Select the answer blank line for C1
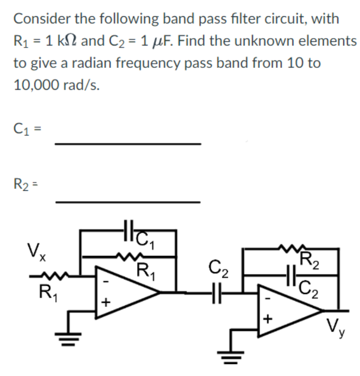[x=127, y=144]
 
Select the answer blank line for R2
[x=127, y=202]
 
